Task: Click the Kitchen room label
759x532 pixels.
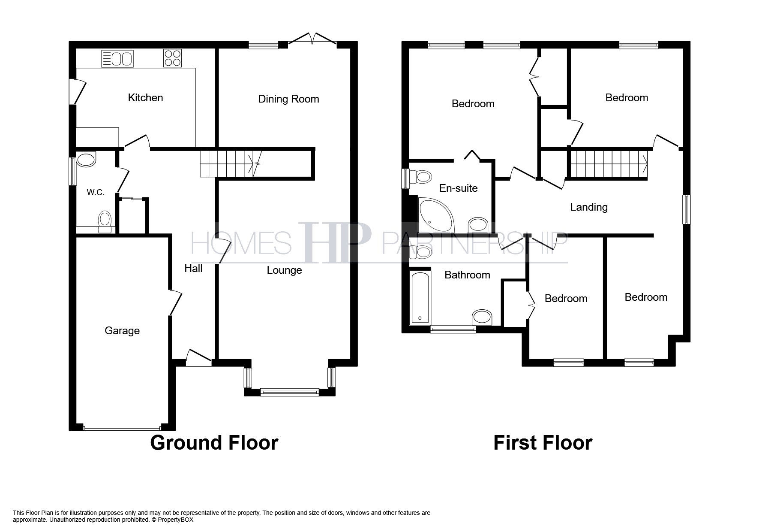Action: (x=145, y=98)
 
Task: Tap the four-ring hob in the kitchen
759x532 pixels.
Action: (x=173, y=58)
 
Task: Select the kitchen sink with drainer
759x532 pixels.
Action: (x=117, y=59)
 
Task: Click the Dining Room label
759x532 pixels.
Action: (x=288, y=99)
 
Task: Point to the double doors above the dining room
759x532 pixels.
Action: (x=312, y=39)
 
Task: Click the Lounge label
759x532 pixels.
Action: (x=284, y=270)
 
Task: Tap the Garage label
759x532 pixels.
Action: (x=122, y=331)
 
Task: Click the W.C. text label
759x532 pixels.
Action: (x=96, y=193)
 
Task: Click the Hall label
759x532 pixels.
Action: (x=193, y=269)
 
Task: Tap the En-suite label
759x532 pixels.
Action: (x=458, y=188)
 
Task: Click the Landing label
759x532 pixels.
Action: (x=588, y=207)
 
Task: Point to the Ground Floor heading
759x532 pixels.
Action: (x=214, y=443)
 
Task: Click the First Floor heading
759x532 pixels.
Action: (x=543, y=443)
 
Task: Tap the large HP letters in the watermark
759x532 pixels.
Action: (x=334, y=242)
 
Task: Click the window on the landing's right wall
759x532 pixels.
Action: (x=686, y=209)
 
